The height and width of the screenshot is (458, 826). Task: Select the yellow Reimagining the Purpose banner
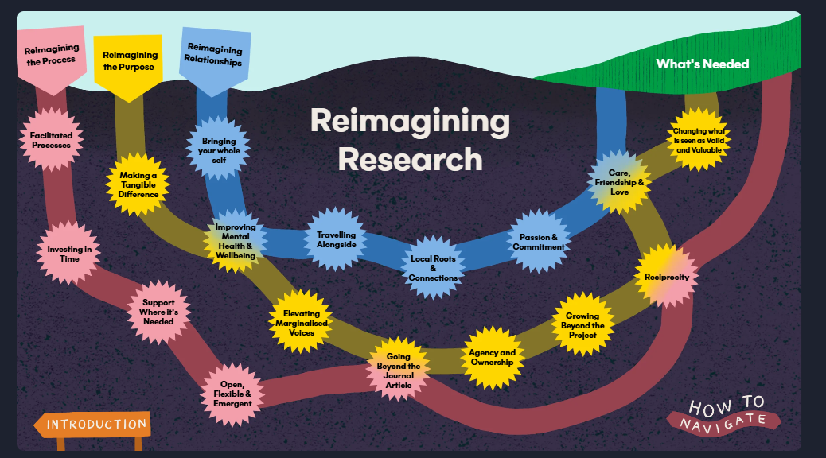pos(128,60)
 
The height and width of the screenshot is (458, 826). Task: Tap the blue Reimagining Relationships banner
pos(212,55)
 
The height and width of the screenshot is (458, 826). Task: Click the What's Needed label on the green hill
pos(702,64)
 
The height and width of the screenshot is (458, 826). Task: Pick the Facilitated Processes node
pos(50,141)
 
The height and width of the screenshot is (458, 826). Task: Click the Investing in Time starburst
pos(69,254)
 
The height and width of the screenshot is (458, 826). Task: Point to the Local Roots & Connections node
pos(433,268)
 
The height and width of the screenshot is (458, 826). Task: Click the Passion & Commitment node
pos(538,242)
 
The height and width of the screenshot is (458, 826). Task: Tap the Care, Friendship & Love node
pos(619,183)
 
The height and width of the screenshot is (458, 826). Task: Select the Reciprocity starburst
pos(666,278)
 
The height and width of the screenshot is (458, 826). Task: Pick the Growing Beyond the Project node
pos(582,324)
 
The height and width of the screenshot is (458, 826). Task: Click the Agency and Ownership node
pos(492,358)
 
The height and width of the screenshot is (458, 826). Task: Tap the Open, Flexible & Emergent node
pos(232,393)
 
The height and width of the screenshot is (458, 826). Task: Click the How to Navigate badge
pos(723,413)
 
